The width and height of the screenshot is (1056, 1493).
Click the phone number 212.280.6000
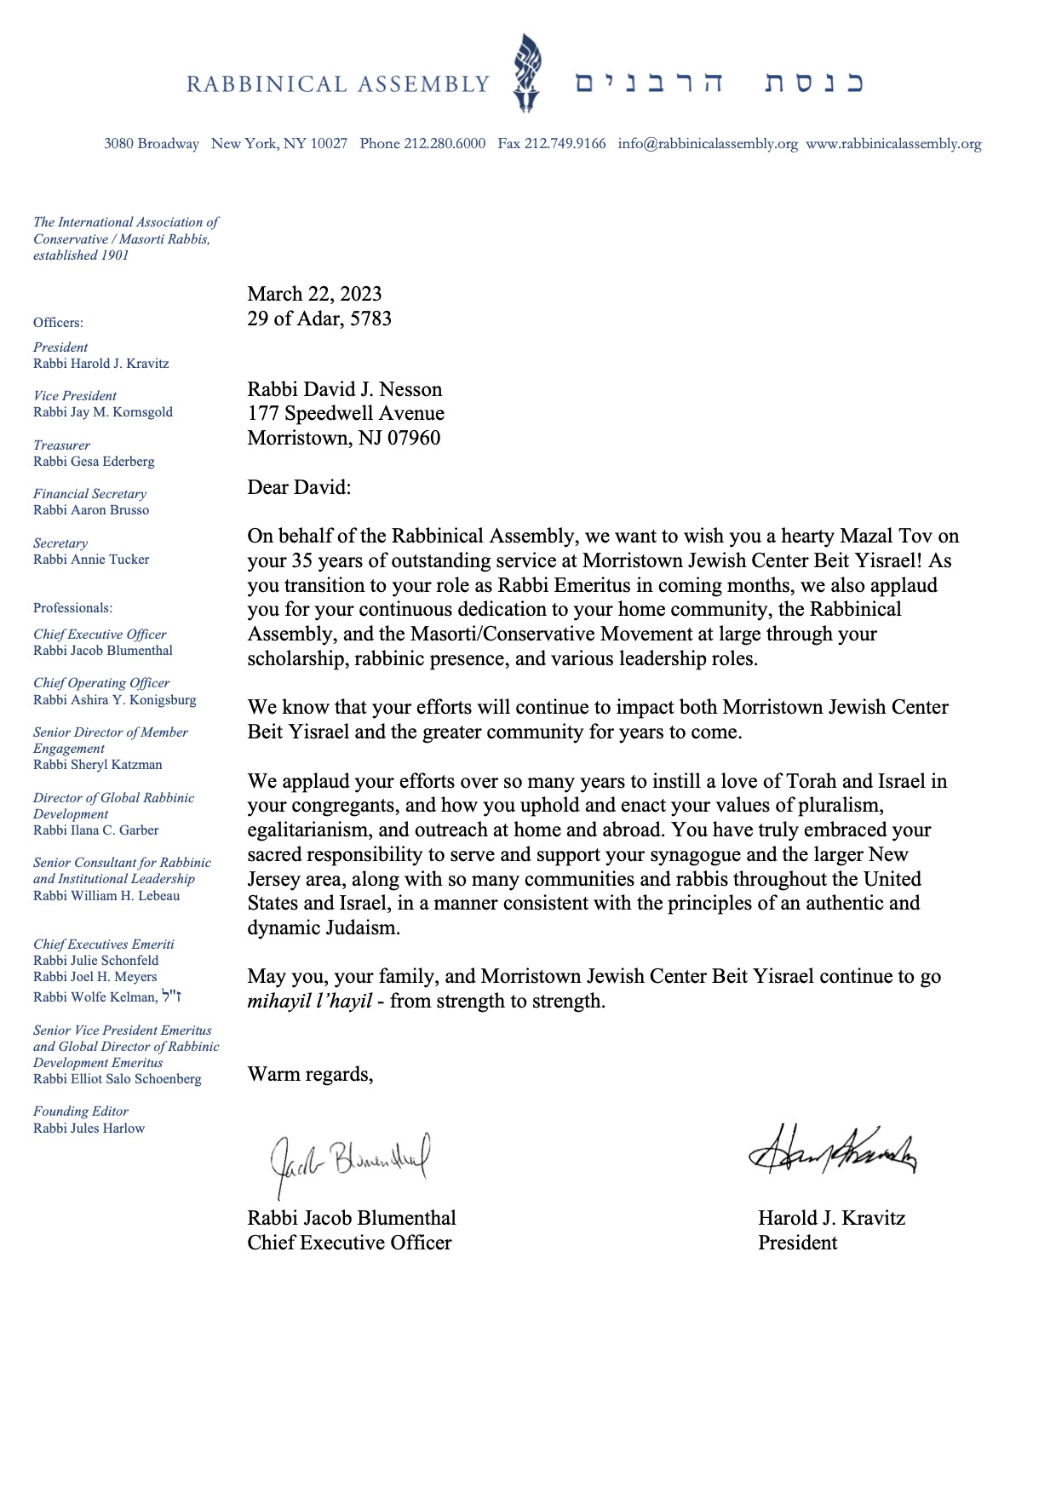tap(445, 144)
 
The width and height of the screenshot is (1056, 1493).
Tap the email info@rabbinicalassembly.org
tap(708, 144)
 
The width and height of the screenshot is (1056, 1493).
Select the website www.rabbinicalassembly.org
tap(893, 144)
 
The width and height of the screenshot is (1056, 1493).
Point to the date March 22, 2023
tap(314, 294)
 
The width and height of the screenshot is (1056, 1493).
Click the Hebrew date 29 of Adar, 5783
tap(319, 319)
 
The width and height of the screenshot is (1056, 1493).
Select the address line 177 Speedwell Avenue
tap(346, 414)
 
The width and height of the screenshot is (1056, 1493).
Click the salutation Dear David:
tap(299, 487)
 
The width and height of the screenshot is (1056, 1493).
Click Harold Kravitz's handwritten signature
tap(832, 1150)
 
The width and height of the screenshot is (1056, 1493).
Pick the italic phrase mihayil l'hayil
tap(309, 1001)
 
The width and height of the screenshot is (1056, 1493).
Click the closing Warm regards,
tap(310, 1074)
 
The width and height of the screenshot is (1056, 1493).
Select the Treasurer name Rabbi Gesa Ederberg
tap(94, 462)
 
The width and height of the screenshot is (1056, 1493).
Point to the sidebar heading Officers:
tap(58, 323)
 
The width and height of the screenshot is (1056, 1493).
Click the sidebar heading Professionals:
tap(72, 608)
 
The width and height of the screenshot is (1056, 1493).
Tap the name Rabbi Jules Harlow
tap(89, 1128)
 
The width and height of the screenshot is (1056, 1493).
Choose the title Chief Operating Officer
tap(101, 683)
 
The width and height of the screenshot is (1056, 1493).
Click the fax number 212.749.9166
tap(565, 144)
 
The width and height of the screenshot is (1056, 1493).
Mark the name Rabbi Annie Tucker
tap(91, 560)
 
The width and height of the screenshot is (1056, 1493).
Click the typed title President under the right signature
tap(797, 1243)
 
